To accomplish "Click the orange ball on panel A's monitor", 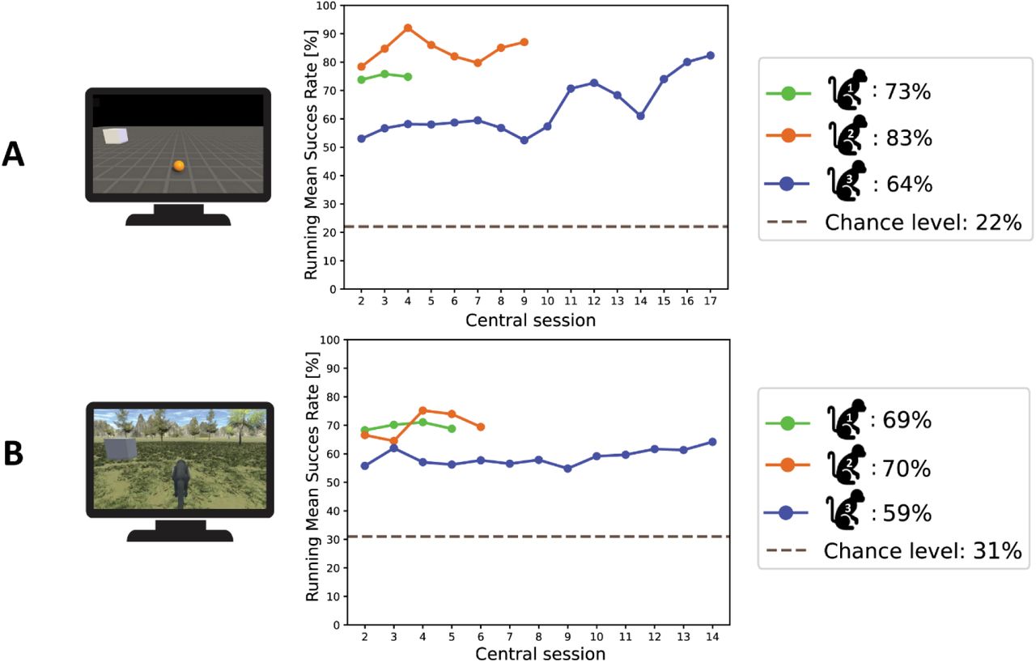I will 179,166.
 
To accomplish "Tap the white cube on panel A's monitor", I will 115,136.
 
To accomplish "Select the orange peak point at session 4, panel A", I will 408,28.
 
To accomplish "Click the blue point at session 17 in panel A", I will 711,56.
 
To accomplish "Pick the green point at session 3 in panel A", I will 384,74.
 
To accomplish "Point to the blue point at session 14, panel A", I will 640,116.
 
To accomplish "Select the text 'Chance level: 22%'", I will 923,223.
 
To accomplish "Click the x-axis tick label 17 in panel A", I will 711,300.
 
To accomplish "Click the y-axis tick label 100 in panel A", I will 325,6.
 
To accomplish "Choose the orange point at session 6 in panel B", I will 481,426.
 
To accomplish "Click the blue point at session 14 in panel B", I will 712,442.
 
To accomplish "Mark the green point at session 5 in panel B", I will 452,428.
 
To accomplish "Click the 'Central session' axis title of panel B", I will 540,653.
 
